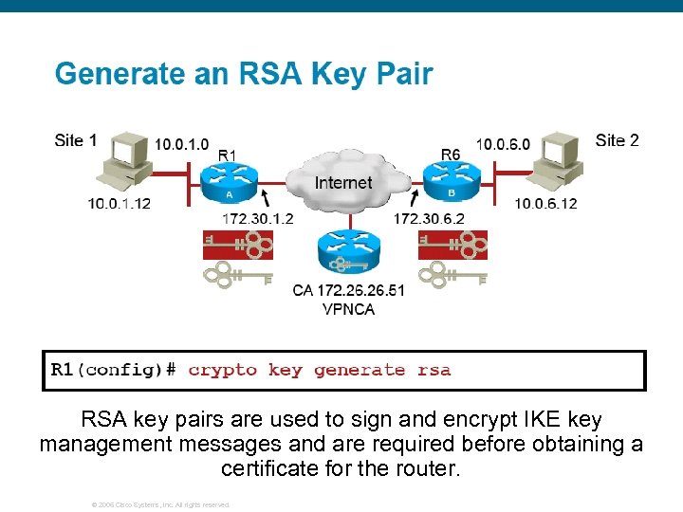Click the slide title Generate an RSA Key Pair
click(244, 74)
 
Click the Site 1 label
click(76, 140)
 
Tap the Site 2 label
click(617, 140)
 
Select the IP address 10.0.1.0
click(182, 144)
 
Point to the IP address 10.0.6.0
click(503, 144)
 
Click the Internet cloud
click(343, 182)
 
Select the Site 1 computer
click(123, 163)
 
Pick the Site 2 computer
click(556, 163)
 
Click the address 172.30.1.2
click(257, 218)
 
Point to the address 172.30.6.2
click(429, 218)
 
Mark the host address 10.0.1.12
click(120, 203)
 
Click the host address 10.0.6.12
click(545, 203)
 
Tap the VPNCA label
click(348, 309)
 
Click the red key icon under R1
click(238, 246)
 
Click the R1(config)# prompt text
click(113, 370)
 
